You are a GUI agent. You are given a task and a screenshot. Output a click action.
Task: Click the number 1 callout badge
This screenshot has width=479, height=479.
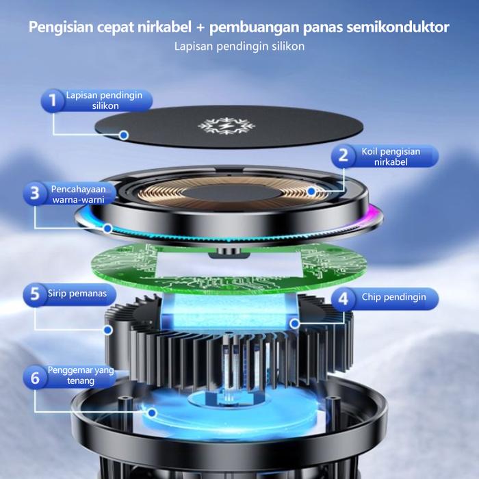(53, 100)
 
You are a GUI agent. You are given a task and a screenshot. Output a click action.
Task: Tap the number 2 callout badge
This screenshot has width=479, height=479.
(343, 156)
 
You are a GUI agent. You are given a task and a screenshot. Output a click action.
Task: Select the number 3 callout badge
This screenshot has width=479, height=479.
(35, 194)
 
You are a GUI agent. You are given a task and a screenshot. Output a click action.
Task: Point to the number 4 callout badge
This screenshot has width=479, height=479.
(343, 298)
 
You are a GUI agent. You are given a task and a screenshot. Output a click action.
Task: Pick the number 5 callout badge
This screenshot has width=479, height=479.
(35, 294)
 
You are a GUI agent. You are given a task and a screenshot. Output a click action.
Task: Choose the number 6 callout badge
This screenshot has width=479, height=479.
(35, 377)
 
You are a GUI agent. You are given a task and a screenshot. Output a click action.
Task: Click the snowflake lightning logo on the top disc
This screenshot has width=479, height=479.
(226, 125)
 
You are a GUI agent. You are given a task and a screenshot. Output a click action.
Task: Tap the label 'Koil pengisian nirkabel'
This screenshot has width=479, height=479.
(391, 157)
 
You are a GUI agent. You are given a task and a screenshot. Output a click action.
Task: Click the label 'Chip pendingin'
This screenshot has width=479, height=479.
(393, 297)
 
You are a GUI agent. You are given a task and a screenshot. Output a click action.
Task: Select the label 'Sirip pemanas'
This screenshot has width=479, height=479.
(77, 294)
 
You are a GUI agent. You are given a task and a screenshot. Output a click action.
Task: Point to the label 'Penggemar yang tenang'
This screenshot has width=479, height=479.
(81, 376)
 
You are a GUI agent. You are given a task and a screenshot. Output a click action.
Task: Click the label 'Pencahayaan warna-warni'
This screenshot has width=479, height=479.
(78, 194)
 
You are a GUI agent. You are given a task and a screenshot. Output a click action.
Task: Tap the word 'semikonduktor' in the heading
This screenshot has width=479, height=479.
(398, 27)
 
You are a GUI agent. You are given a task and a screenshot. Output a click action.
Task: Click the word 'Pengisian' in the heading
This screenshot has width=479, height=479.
(61, 27)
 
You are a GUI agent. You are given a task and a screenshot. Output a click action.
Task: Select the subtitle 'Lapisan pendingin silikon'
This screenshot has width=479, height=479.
(239, 47)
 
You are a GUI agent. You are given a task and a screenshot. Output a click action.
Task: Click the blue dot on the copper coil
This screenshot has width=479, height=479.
(311, 192)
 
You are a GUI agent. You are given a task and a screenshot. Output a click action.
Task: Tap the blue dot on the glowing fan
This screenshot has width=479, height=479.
(152, 413)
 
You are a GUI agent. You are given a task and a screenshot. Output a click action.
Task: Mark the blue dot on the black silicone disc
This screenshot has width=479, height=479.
(124, 135)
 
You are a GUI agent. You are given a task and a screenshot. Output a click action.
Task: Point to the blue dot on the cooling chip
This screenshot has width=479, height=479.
(295, 324)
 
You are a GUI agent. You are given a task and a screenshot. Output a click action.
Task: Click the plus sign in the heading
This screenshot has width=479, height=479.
(200, 28)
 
